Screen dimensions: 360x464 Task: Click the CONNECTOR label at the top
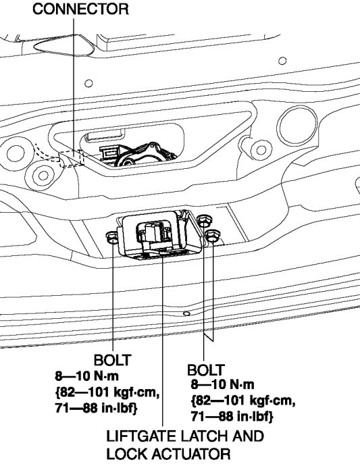tap(80, 9)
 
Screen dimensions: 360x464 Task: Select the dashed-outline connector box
tap(72, 159)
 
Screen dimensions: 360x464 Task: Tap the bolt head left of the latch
tap(113, 237)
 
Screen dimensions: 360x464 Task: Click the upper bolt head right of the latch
tap(204, 222)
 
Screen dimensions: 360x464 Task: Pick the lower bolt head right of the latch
tap(212, 236)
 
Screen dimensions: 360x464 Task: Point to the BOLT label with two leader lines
tap(205, 370)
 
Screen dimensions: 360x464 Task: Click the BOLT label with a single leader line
tap(112, 361)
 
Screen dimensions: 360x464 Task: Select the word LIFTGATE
tap(140, 436)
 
